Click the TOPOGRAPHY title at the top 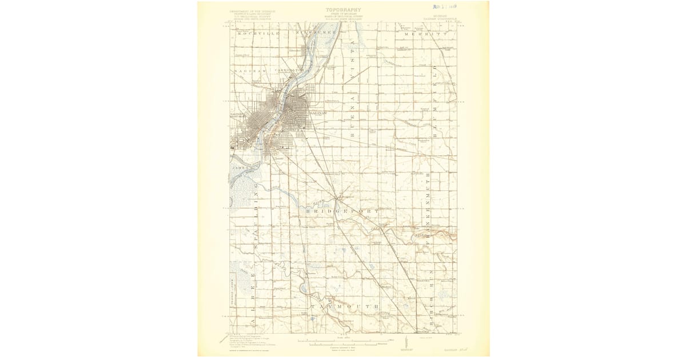tap(343, 10)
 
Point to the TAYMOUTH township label tap(345, 307)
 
